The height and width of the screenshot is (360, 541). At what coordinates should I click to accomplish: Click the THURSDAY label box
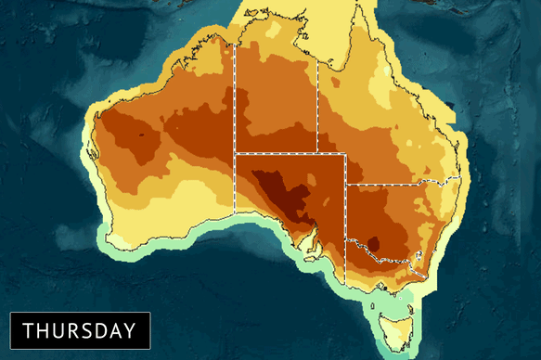click(x=80, y=330)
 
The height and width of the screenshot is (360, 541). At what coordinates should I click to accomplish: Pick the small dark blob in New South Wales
click(x=373, y=244)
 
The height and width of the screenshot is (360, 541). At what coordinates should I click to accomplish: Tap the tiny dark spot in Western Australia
click(x=142, y=135)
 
